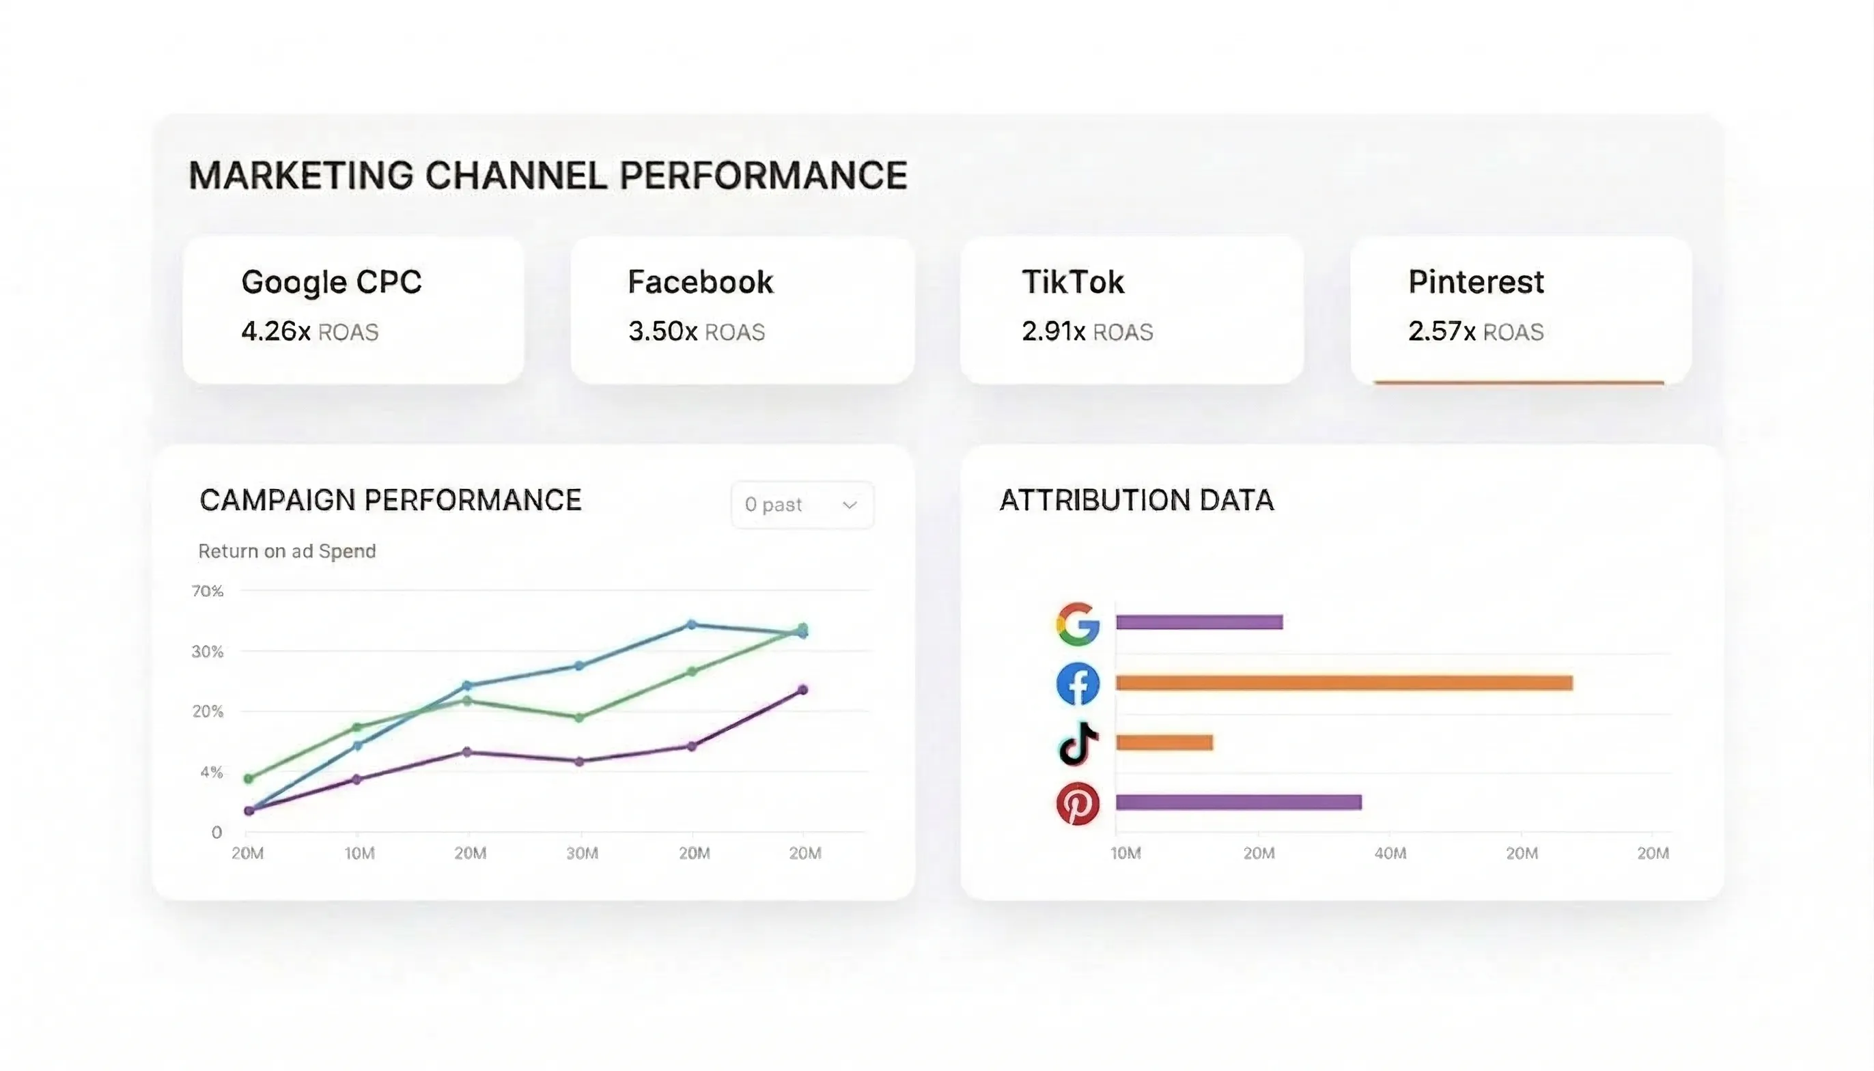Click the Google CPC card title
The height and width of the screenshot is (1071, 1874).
(x=331, y=281)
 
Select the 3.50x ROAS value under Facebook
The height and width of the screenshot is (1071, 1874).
(x=662, y=331)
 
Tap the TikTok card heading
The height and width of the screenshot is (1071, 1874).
(x=1072, y=281)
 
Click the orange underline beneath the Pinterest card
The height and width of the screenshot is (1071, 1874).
(x=1518, y=382)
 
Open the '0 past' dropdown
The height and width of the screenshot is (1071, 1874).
(x=802, y=505)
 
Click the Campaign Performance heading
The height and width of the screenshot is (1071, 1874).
(x=390, y=500)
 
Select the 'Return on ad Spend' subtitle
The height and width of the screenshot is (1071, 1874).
(x=287, y=551)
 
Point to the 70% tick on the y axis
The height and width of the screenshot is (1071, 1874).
(x=207, y=591)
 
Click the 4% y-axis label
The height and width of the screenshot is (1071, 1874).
(x=211, y=772)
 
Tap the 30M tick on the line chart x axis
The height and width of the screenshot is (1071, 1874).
(x=582, y=853)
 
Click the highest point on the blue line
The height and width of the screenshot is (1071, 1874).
(x=691, y=624)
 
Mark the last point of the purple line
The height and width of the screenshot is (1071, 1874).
(x=803, y=690)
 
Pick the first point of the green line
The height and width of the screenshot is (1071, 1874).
(x=249, y=778)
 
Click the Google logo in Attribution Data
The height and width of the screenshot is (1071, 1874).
(x=1078, y=624)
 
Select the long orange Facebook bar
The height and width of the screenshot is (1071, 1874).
(x=1344, y=683)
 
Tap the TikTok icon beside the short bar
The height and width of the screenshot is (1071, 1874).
(x=1078, y=743)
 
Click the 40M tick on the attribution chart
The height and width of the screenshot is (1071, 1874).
(x=1390, y=853)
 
